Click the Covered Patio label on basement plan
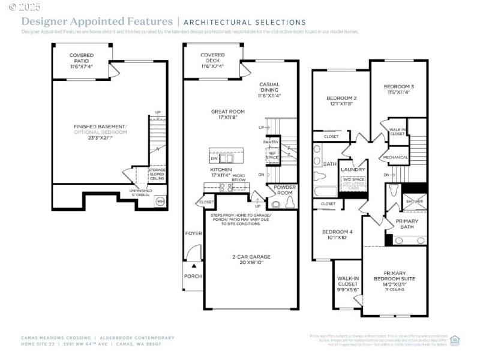tap(81, 58)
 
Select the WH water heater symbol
tap(160, 201)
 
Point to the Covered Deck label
tap(212, 58)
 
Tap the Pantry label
tap(271, 142)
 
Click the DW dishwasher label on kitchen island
tap(215, 158)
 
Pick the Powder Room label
tap(286, 190)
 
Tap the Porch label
tap(193, 277)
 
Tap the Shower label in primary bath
tap(415, 202)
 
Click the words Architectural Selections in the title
tap(244, 22)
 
